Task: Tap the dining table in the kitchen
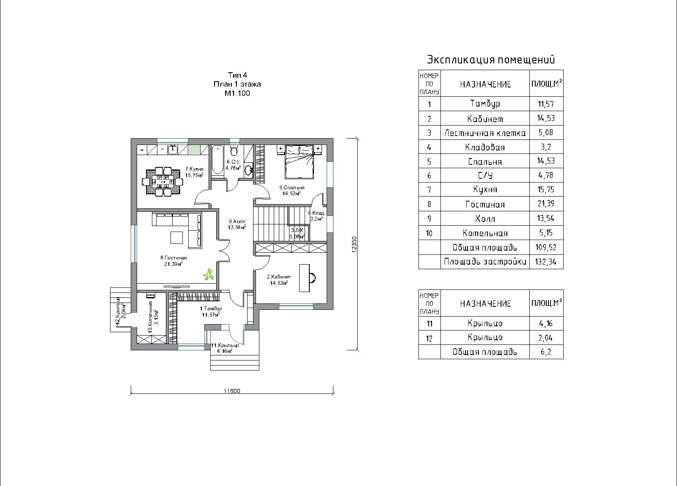[162, 182]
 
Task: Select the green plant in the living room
[208, 275]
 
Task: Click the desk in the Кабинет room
[305, 278]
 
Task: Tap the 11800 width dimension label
[232, 391]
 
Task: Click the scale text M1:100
[237, 93]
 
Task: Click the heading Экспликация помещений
[491, 59]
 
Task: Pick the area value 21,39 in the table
[546, 204]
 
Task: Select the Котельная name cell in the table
[485, 233]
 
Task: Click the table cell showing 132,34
[546, 262]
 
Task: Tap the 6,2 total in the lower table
[546, 352]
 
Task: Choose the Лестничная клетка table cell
[485, 133]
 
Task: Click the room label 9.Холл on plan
[237, 221]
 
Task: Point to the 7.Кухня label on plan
[194, 169]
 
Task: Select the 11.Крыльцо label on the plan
[225, 345]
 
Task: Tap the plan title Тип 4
[237, 75]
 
